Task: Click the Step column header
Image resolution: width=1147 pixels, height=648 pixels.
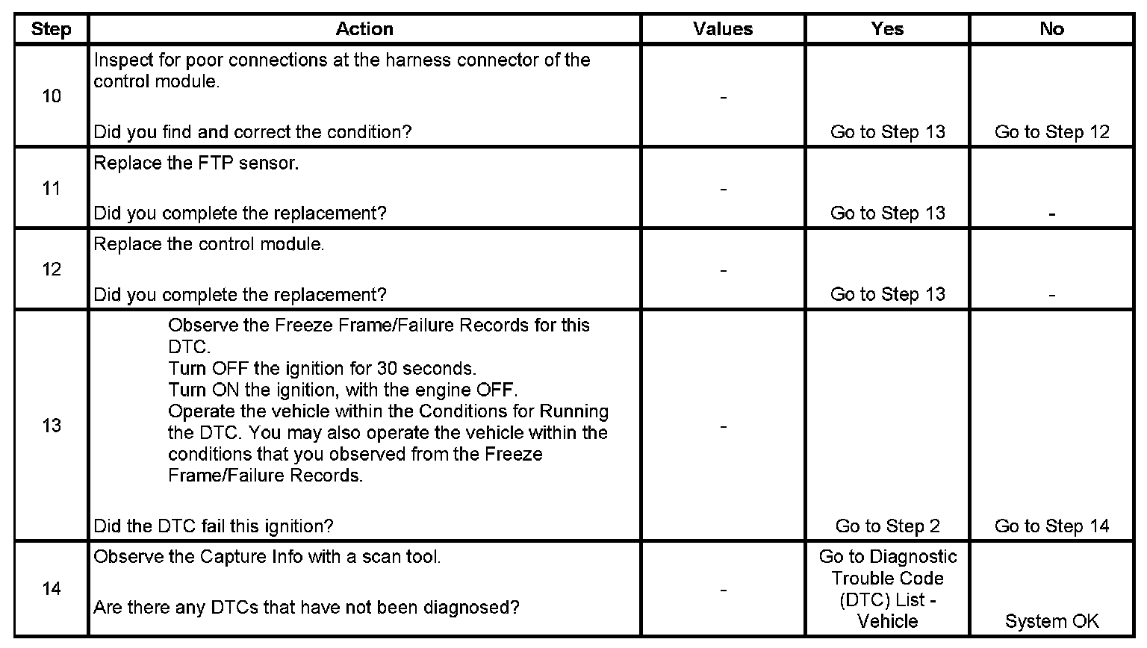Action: pyautogui.click(x=51, y=29)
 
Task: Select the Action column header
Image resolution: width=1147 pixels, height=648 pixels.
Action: pyautogui.click(x=364, y=29)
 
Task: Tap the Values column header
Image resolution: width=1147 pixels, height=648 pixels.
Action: pyautogui.click(x=723, y=29)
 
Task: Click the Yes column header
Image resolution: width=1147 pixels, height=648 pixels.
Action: pyautogui.click(x=887, y=29)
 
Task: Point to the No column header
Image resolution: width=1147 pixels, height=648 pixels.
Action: pyautogui.click(x=1051, y=29)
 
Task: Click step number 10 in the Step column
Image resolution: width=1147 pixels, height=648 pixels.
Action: pyautogui.click(x=52, y=96)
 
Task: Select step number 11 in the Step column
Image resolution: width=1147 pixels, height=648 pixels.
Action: pyautogui.click(x=52, y=188)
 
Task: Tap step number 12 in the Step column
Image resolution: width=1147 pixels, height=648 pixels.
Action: pyautogui.click(x=52, y=270)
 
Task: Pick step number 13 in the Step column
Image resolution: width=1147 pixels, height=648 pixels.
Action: pyautogui.click(x=52, y=426)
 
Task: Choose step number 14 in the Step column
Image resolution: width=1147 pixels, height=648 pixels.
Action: pyautogui.click(x=52, y=589)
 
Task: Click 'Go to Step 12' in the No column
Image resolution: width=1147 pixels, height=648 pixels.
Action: pyautogui.click(x=1051, y=132)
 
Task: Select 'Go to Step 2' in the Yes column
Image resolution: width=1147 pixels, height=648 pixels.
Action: pyautogui.click(x=887, y=526)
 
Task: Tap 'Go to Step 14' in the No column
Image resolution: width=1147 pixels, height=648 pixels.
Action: pyautogui.click(x=1051, y=526)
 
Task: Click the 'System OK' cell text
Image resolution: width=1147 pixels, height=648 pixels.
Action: pyautogui.click(x=1051, y=621)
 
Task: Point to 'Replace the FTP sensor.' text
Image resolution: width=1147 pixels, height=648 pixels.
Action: pyautogui.click(x=196, y=163)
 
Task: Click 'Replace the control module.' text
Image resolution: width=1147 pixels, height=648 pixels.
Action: pyautogui.click(x=209, y=245)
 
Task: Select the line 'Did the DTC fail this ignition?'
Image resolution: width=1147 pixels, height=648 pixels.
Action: pyautogui.click(x=214, y=526)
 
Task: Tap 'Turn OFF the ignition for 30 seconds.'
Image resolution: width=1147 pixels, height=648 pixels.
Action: pyautogui.click(x=322, y=369)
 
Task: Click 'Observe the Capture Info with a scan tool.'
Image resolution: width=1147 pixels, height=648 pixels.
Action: pyautogui.click(x=267, y=557)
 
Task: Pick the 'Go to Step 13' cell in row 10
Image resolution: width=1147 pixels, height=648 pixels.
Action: pyautogui.click(x=887, y=132)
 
